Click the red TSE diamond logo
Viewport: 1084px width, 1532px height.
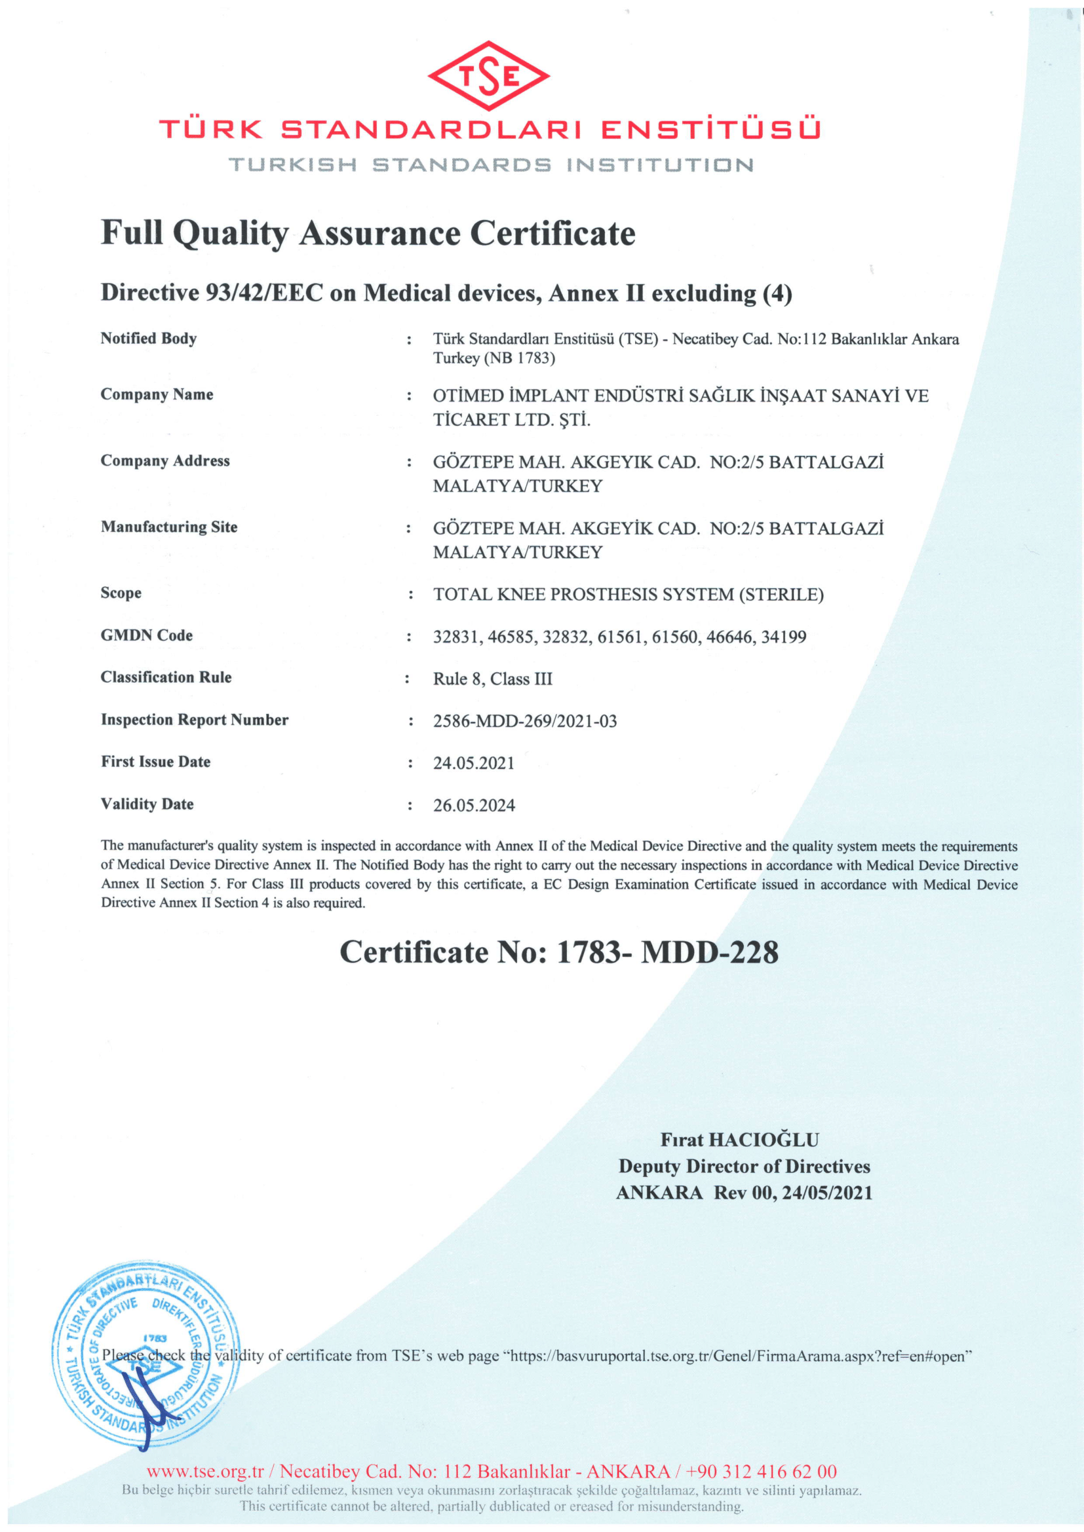pyautogui.click(x=489, y=76)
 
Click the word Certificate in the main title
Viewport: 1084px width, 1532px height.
pyautogui.click(x=552, y=234)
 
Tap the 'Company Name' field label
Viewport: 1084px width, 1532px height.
pyautogui.click(x=157, y=394)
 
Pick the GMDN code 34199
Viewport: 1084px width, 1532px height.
pyautogui.click(x=783, y=637)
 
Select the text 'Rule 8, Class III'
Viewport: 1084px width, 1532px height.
pyautogui.click(x=493, y=679)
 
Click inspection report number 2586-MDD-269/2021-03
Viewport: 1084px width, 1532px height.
pyautogui.click(x=525, y=720)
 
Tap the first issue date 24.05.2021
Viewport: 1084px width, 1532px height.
pyautogui.click(x=474, y=762)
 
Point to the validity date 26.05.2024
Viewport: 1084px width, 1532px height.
pyautogui.click(x=474, y=806)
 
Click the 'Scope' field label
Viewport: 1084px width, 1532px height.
pyautogui.click(x=121, y=593)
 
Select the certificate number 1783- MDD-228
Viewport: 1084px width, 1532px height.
pyautogui.click(x=667, y=952)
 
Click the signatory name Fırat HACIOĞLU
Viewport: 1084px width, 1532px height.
pyautogui.click(x=739, y=1140)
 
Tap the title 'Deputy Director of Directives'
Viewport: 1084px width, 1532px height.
pyautogui.click(x=745, y=1167)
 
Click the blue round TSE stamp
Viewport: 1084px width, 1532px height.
pyautogui.click(x=146, y=1355)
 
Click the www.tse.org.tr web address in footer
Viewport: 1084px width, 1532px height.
pyautogui.click(x=205, y=1471)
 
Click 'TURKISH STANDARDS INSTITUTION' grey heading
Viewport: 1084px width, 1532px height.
pyautogui.click(x=491, y=165)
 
